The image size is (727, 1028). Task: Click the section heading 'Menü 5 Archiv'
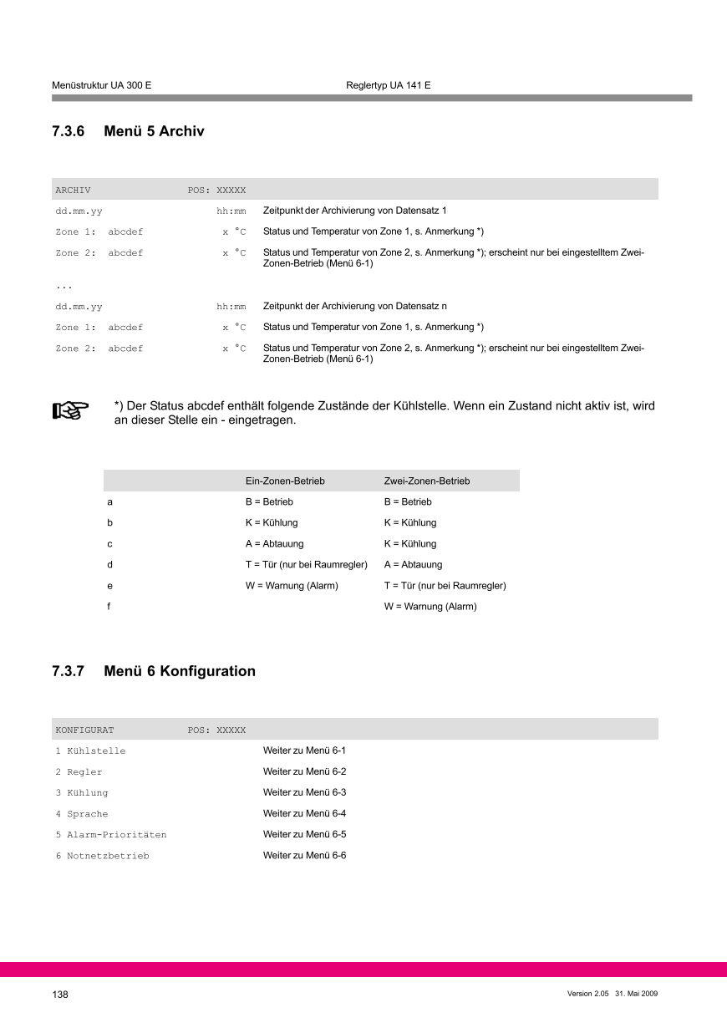(154, 132)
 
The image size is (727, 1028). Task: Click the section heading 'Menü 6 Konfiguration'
(180, 671)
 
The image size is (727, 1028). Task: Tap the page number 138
(60, 995)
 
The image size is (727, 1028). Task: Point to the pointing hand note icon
(71, 410)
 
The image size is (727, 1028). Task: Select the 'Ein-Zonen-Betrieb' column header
(285, 481)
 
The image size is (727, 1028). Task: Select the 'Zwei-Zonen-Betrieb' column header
(427, 481)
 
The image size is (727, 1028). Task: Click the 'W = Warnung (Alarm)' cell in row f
(430, 607)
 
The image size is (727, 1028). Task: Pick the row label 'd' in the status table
(109, 565)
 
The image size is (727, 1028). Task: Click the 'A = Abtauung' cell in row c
(275, 544)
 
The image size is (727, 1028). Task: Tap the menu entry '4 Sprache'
(82, 814)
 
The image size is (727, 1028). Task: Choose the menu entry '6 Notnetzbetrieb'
(103, 856)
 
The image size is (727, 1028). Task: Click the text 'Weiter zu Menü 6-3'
(304, 792)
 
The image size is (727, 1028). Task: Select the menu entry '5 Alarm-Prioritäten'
(111, 835)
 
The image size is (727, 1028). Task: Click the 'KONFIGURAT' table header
(84, 730)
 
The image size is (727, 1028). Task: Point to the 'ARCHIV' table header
(73, 191)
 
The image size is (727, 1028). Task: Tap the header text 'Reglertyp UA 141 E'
(388, 86)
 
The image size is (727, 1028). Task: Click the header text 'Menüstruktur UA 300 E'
(101, 86)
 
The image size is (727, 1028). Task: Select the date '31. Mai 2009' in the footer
(637, 993)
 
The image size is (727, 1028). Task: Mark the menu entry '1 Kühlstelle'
(90, 751)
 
